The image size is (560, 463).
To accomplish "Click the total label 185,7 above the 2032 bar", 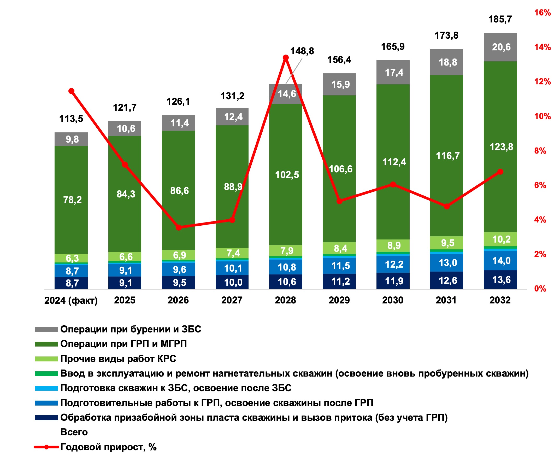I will pyautogui.click(x=500, y=20).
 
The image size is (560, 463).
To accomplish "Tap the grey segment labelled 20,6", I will pyautogui.click(x=500, y=47).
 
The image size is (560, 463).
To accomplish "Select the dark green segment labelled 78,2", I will pyautogui.click(x=71, y=200).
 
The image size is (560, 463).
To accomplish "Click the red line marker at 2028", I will pyautogui.click(x=286, y=58).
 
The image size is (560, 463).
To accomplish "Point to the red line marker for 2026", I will pyautogui.click(x=179, y=227).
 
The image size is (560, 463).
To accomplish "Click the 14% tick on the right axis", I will pyautogui.click(x=543, y=47).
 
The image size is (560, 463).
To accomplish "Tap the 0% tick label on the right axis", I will pyautogui.click(x=540, y=289).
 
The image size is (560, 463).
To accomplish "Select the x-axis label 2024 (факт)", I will pyautogui.click(x=71, y=300).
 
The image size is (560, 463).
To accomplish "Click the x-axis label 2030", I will pyautogui.click(x=393, y=300).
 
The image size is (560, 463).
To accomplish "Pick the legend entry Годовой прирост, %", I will pyautogui.click(x=108, y=447).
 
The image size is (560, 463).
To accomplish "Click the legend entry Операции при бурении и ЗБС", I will pyautogui.click(x=131, y=329).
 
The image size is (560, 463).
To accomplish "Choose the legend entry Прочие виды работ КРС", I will pyautogui.click(x=118, y=359).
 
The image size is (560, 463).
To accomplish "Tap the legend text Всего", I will pyautogui.click(x=74, y=432).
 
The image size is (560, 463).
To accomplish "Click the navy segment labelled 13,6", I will pyautogui.click(x=500, y=279).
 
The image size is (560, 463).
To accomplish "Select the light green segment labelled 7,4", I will pyautogui.click(x=232, y=253).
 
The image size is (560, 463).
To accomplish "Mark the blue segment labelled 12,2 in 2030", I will pyautogui.click(x=393, y=264).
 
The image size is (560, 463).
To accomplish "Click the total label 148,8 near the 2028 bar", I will pyautogui.click(x=302, y=51).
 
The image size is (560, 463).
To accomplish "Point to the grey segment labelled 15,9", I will pyautogui.click(x=339, y=84).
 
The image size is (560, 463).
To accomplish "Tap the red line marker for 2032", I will pyautogui.click(x=500, y=172).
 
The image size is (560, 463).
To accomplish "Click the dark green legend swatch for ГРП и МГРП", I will pyautogui.click(x=46, y=344).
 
